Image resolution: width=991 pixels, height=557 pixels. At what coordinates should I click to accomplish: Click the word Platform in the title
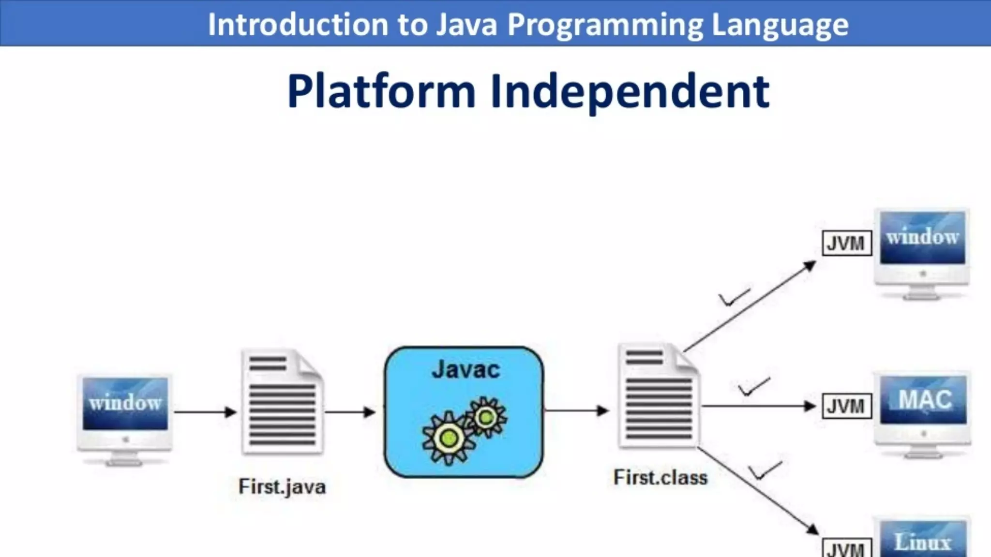click(381, 92)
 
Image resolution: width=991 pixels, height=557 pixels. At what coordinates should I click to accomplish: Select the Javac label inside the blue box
click(465, 370)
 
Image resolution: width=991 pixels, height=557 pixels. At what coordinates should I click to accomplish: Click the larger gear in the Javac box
click(448, 438)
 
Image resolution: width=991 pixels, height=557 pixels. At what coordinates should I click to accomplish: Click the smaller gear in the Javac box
click(486, 417)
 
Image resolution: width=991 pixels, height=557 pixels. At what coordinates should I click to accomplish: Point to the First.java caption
click(282, 486)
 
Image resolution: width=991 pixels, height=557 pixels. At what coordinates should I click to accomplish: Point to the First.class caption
click(661, 478)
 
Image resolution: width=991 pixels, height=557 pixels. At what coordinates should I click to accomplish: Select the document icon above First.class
click(659, 396)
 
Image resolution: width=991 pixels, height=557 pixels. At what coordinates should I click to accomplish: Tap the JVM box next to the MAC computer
click(846, 406)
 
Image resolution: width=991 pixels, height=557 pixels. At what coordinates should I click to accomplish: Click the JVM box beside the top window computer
click(846, 243)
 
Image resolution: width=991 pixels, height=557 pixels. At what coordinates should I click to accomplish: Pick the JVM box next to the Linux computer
click(846, 549)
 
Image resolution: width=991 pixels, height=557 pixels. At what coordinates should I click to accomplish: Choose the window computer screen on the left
click(125, 403)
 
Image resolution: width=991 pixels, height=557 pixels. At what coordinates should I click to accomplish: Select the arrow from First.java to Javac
click(349, 412)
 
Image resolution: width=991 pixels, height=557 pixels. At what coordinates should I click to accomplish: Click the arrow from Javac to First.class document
click(576, 410)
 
